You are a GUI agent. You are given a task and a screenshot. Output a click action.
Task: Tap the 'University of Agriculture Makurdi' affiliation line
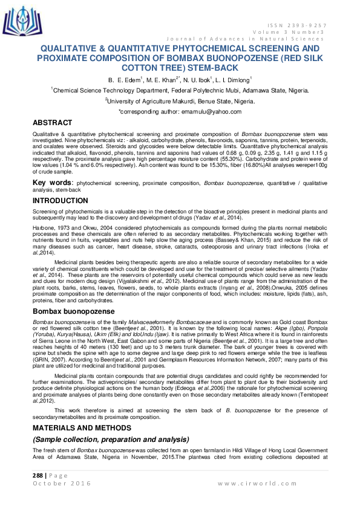180,101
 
